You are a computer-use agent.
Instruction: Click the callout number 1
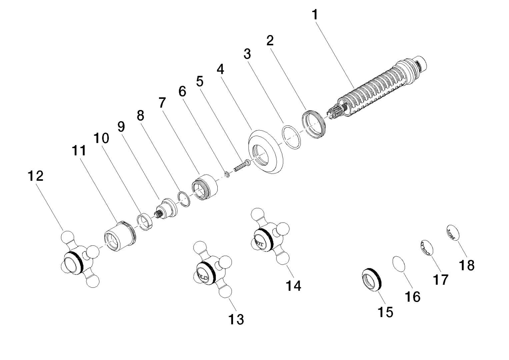click(315, 15)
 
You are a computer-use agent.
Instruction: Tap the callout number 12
click(36, 176)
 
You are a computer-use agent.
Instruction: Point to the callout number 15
click(385, 312)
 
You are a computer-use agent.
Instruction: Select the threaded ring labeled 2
click(313, 124)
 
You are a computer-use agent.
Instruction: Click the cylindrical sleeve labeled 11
click(118, 237)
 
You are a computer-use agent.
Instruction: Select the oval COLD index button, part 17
click(425, 247)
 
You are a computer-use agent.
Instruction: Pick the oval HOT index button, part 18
click(452, 233)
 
